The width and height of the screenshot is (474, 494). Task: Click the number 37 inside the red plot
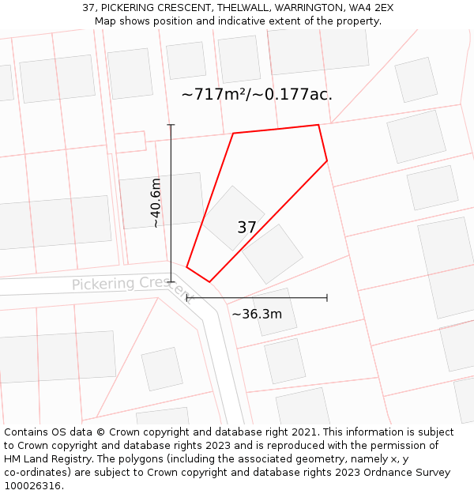tap(246, 228)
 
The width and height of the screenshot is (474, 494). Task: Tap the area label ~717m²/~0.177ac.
tap(257, 95)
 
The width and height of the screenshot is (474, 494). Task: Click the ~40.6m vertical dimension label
tap(156, 203)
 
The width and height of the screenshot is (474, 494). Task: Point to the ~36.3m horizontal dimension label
tap(257, 314)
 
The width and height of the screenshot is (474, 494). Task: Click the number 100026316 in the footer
tap(32, 486)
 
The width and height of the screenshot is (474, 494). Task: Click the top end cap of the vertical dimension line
tap(171, 125)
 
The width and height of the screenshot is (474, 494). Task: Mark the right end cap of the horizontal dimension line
tap(327, 298)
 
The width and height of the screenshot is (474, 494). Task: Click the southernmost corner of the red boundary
tap(210, 281)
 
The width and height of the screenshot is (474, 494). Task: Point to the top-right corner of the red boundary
tap(318, 125)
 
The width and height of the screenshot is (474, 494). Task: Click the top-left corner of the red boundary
tap(233, 134)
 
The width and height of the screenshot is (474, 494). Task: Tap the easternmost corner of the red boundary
tap(327, 161)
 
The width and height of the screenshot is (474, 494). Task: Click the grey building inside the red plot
tap(233, 217)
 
